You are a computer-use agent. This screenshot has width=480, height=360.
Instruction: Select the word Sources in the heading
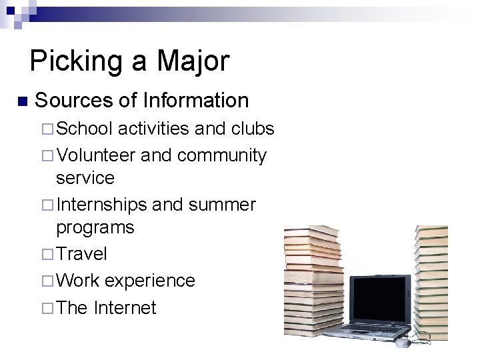(x=75, y=101)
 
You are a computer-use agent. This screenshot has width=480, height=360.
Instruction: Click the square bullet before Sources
(x=22, y=102)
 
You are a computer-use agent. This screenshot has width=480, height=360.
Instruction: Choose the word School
(x=86, y=129)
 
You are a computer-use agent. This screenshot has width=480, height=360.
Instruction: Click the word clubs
(x=253, y=129)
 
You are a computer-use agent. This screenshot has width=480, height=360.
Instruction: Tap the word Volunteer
(x=98, y=155)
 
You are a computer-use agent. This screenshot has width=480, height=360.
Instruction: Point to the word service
(x=85, y=179)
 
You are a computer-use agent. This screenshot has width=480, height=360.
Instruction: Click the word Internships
(x=103, y=203)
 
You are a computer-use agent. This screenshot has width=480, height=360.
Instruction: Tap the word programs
(x=95, y=227)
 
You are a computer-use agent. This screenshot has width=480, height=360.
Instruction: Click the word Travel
(x=82, y=253)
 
